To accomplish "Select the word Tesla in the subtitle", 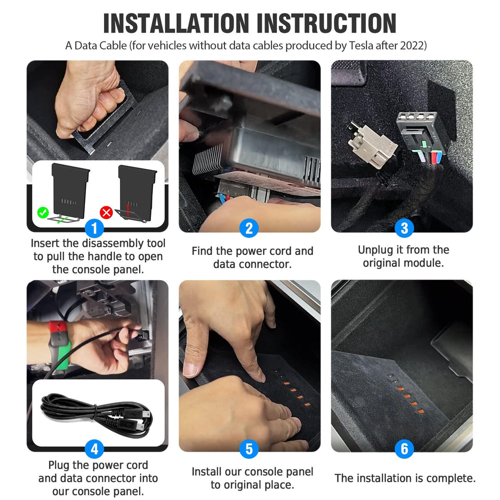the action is pyautogui.click(x=361, y=45).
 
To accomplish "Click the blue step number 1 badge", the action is pyautogui.click(x=94, y=228).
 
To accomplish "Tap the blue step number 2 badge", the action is pyautogui.click(x=249, y=228).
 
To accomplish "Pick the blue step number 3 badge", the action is pyautogui.click(x=404, y=228).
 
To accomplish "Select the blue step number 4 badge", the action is pyautogui.click(x=94, y=449).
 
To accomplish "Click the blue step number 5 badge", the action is pyautogui.click(x=249, y=449).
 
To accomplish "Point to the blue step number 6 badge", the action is pyautogui.click(x=404, y=449).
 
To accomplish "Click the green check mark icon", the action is pyautogui.click(x=42, y=212).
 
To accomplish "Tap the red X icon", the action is pyautogui.click(x=106, y=212).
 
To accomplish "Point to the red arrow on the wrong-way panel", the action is pyautogui.click(x=128, y=210).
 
